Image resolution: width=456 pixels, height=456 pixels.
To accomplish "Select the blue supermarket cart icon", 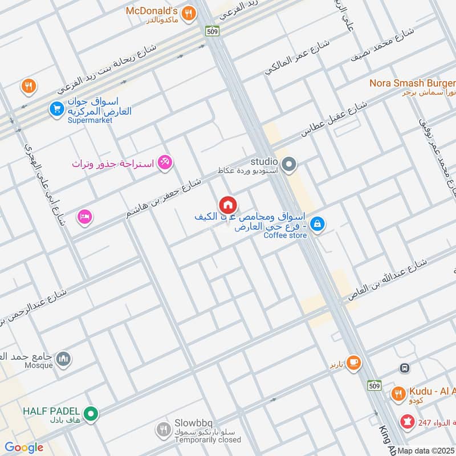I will tap(56, 108).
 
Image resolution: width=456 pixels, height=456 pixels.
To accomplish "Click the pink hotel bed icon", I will tap(85, 217).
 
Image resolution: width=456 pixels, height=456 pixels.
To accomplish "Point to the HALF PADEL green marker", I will tap(89, 413).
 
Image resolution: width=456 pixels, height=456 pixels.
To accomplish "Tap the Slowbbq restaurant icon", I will tap(164, 428).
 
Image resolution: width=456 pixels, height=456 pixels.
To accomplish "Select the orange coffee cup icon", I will tap(353, 361).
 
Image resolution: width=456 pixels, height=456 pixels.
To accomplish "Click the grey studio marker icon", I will tap(289, 165).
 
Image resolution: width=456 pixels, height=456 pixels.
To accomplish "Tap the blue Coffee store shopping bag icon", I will tap(319, 226).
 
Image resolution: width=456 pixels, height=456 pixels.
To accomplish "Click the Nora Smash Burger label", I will tap(412, 83).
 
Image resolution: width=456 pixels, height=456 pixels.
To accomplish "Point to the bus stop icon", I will tap(405, 368).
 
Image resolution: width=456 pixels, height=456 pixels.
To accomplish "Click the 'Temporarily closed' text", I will tap(207, 439).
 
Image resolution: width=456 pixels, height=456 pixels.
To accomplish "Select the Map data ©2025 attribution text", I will tap(426, 451).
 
